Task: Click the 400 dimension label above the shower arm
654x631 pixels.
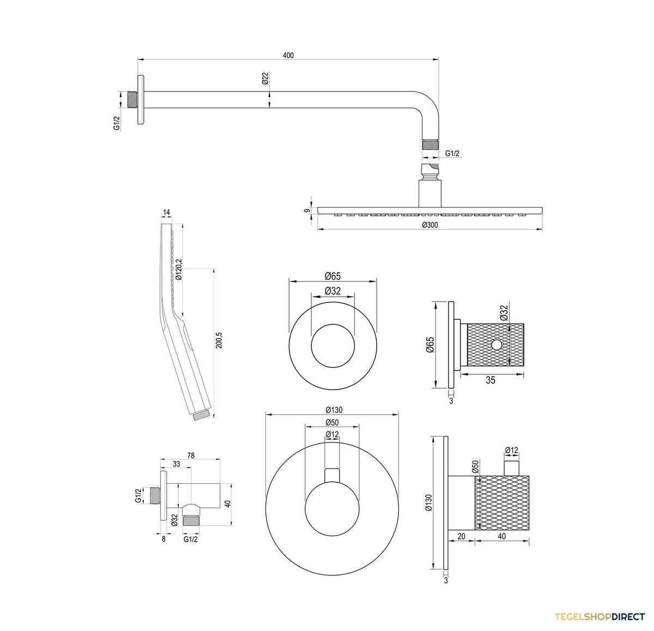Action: pyautogui.click(x=288, y=56)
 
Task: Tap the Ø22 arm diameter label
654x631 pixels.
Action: pyautogui.click(x=265, y=78)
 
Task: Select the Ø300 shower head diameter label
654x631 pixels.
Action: pyautogui.click(x=430, y=225)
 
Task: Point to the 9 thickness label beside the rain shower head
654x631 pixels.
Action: pyautogui.click(x=306, y=211)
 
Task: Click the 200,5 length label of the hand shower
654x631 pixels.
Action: pyautogui.click(x=219, y=340)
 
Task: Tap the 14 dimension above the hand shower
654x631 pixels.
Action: pyautogui.click(x=166, y=212)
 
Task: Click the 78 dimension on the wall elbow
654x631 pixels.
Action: pyautogui.click(x=191, y=456)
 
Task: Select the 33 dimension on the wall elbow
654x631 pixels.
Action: pyautogui.click(x=176, y=464)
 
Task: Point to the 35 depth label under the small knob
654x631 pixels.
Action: pyautogui.click(x=491, y=380)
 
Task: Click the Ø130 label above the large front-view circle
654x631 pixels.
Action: pyautogui.click(x=334, y=410)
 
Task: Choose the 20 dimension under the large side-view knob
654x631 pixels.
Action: pyautogui.click(x=461, y=536)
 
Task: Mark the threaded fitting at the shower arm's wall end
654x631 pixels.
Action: pyautogui.click(x=132, y=100)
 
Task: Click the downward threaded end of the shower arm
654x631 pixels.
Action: pyautogui.click(x=430, y=145)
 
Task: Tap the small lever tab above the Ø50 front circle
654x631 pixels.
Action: pyautogui.click(x=332, y=475)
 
